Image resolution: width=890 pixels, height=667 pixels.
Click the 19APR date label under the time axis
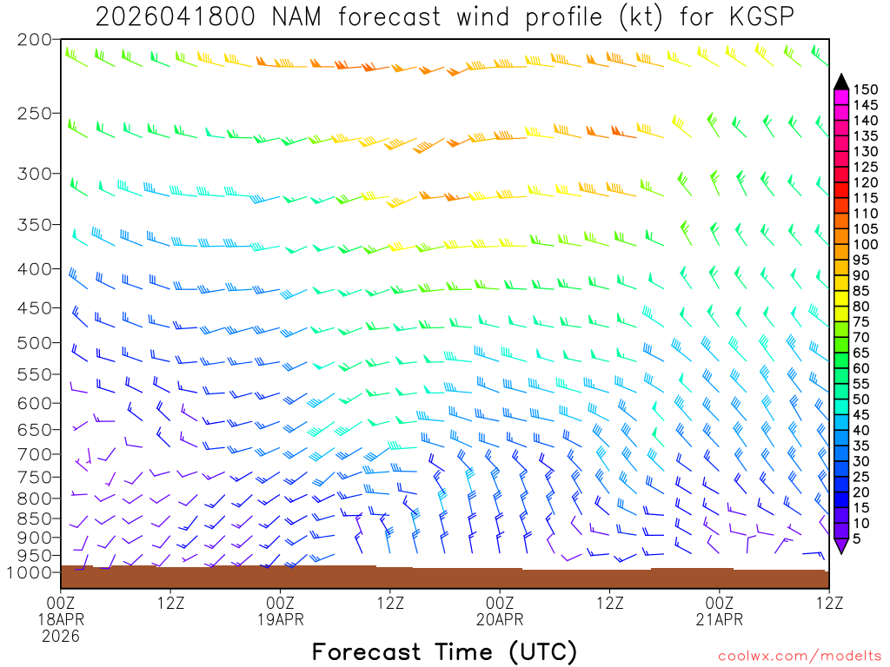click(x=280, y=619)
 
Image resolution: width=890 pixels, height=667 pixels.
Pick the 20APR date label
click(x=500, y=619)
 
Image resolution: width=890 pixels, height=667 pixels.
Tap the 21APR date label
click(x=720, y=619)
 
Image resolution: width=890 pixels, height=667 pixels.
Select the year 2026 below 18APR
click(x=60, y=636)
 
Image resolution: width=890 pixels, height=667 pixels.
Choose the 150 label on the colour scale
click(x=866, y=89)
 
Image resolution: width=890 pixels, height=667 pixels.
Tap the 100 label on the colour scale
click(x=866, y=244)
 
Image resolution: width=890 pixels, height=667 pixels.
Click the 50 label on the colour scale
click(x=862, y=400)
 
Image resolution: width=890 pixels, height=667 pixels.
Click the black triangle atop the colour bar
click(x=840, y=82)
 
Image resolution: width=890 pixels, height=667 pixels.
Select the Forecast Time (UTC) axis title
click(x=444, y=651)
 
